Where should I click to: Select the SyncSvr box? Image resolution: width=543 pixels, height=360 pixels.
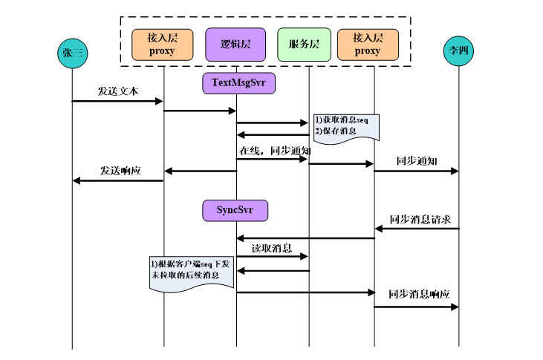235,211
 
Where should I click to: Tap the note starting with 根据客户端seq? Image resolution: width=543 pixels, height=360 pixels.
192,272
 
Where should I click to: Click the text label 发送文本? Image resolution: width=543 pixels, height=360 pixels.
117,91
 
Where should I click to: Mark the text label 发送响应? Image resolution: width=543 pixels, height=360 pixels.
121,170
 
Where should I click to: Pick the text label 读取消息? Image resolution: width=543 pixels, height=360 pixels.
271,247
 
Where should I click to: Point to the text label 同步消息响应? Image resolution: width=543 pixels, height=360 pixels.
419,295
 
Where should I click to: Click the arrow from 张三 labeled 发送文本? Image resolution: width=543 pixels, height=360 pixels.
117,101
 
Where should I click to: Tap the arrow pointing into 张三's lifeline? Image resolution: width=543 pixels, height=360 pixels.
117,180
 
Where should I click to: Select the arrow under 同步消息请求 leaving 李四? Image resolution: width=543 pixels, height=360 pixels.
417,229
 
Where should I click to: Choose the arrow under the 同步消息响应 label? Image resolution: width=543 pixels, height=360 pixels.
417,305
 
